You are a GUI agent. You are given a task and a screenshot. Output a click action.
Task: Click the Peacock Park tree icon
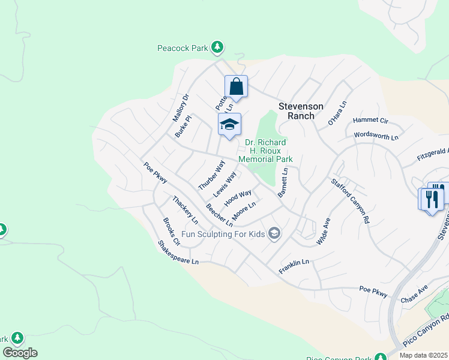(x=217, y=47)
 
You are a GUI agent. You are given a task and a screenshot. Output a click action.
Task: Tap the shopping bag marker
(x=237, y=86)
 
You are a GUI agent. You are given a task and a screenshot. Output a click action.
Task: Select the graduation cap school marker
(x=229, y=125)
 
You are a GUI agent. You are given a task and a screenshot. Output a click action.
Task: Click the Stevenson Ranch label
(x=301, y=111)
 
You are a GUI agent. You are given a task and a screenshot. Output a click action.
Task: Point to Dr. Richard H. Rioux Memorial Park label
(x=265, y=151)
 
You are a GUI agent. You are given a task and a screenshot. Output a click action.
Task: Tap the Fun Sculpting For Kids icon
(x=274, y=233)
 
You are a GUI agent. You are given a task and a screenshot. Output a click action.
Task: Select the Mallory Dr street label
(x=181, y=106)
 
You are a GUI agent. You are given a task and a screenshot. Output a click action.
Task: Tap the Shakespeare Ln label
(x=178, y=253)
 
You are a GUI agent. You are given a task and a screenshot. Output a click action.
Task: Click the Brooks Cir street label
(x=171, y=232)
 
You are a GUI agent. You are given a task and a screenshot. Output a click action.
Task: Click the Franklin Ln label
(x=294, y=267)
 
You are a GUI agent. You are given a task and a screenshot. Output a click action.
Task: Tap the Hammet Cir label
(x=370, y=121)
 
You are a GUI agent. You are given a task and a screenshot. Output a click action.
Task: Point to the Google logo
(x=20, y=353)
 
